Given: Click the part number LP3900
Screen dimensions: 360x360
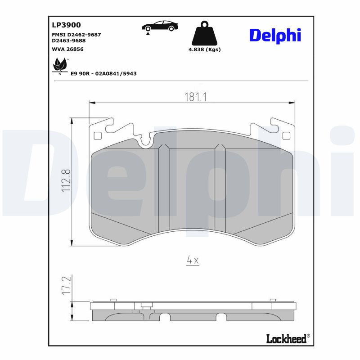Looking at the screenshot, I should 67,25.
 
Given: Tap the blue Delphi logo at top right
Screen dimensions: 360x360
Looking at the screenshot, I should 275,35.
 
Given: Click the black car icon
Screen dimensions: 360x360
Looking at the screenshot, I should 158,26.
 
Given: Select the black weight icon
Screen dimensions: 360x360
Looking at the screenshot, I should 204,32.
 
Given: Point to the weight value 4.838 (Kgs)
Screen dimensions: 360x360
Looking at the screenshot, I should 204,49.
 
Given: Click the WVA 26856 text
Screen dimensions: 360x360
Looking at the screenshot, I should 68,49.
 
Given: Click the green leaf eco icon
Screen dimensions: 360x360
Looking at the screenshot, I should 59,66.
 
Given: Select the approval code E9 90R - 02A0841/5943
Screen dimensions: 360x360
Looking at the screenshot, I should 103,73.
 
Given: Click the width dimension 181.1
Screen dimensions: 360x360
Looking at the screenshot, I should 195,97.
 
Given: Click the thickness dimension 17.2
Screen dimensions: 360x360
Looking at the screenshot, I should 66,286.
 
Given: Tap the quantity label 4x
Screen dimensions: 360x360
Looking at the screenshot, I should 193,260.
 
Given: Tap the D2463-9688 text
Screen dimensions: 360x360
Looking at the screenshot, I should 68,40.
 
